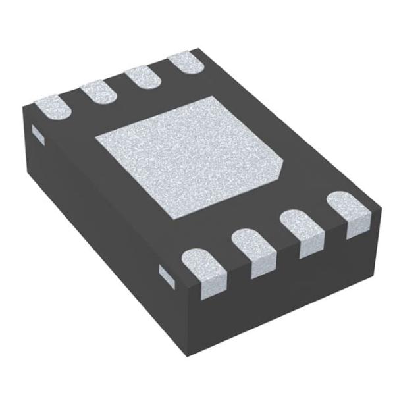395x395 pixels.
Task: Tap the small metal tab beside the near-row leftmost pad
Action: click(x=167, y=276)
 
